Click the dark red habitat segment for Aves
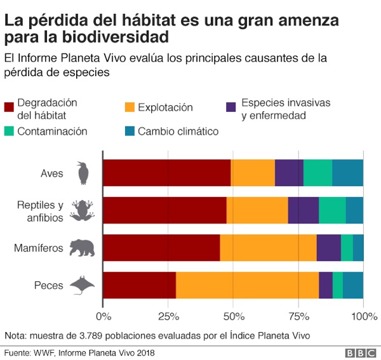point(166,172)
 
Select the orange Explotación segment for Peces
point(247,284)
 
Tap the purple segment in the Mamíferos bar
point(328,247)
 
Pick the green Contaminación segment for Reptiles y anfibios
point(332,210)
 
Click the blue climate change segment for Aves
point(347,172)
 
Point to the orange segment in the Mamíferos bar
point(268,247)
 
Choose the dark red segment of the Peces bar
point(139,284)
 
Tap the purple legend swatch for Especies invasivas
point(232,107)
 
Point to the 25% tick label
point(168,316)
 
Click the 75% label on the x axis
point(298,316)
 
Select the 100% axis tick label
point(364,316)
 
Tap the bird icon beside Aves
point(83,172)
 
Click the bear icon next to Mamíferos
point(81,248)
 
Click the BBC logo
point(359,352)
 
